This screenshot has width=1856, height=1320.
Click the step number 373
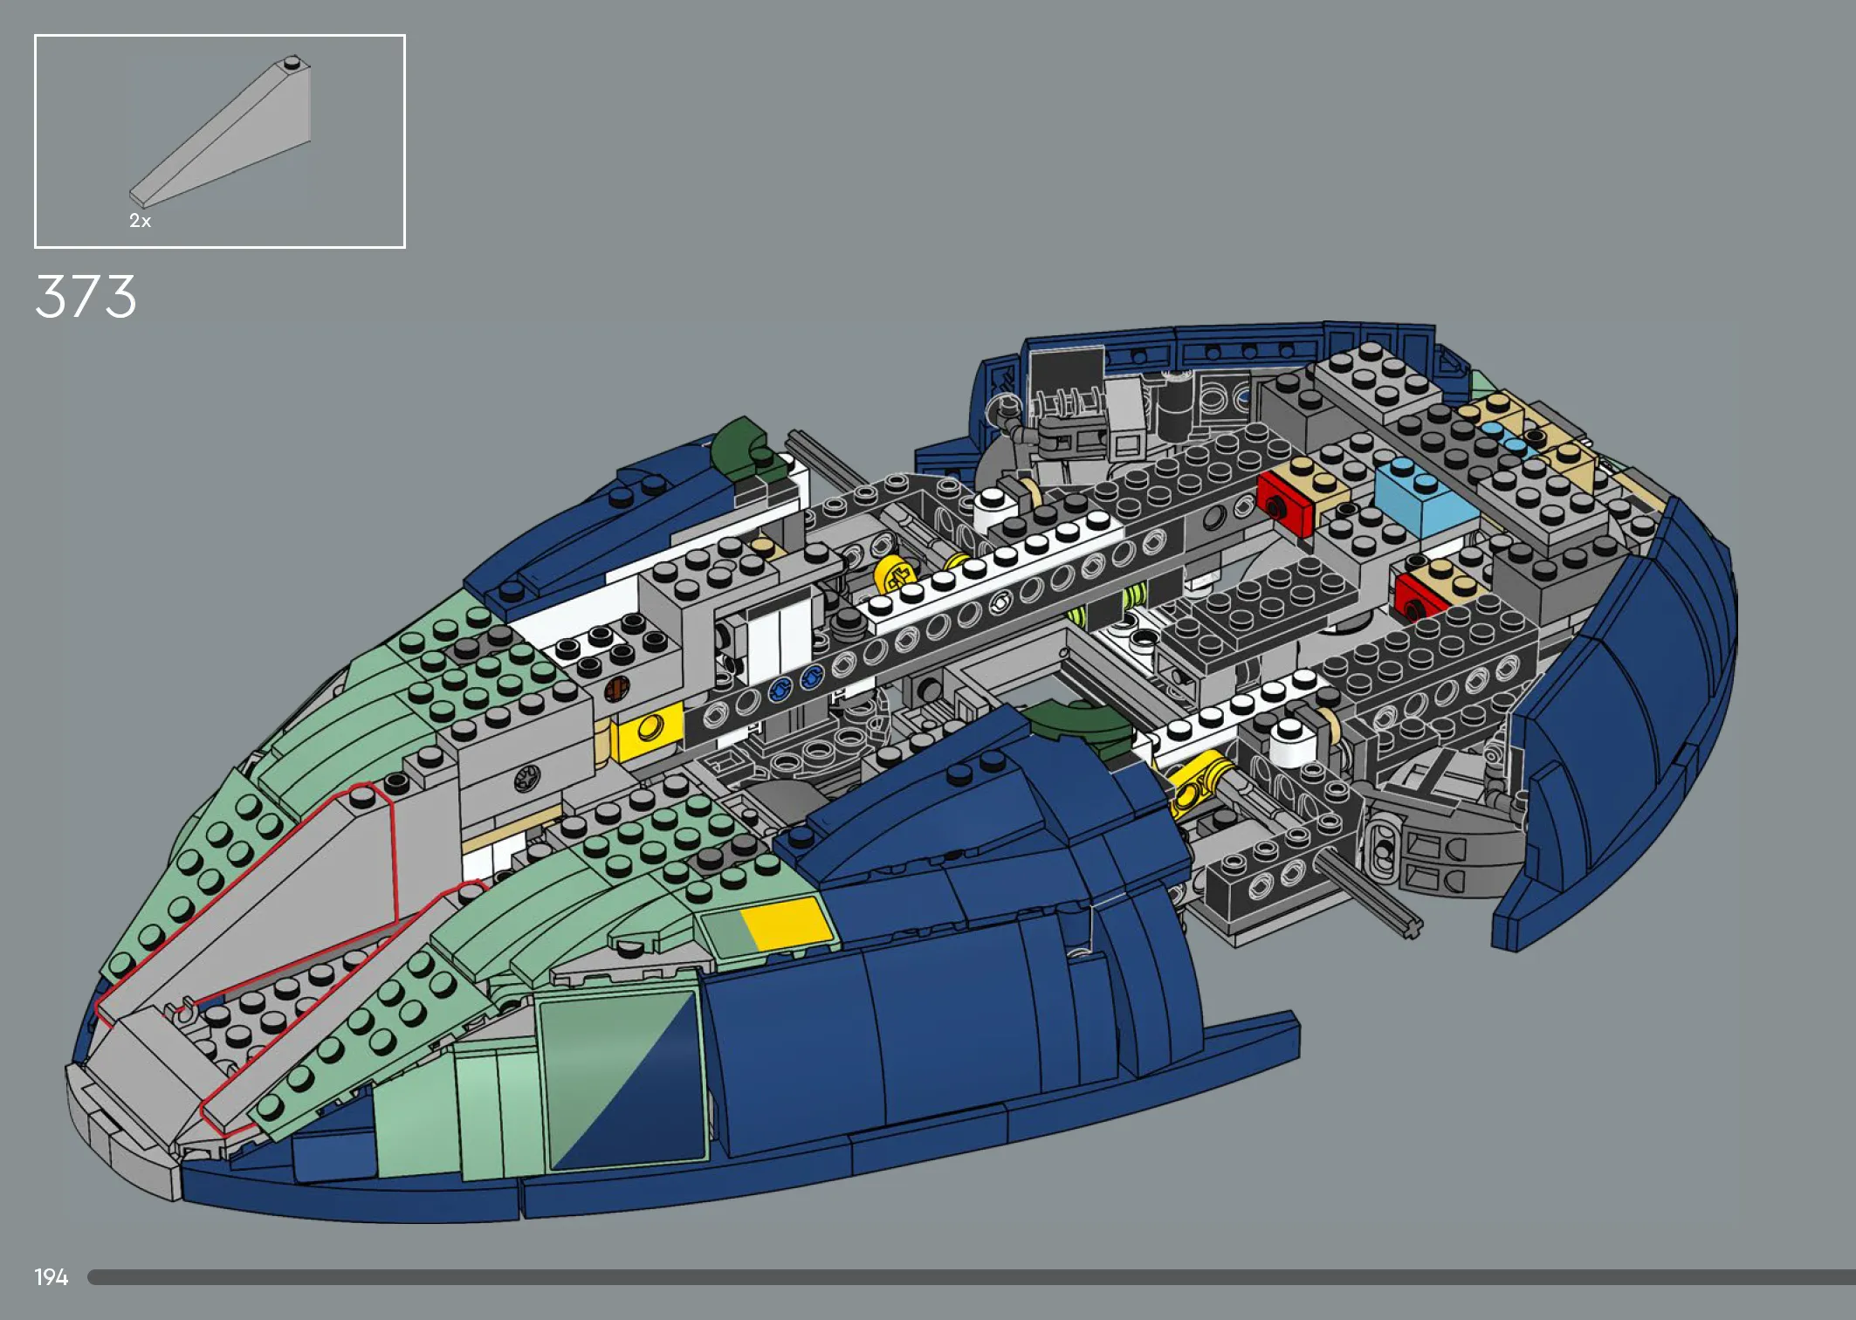coord(86,296)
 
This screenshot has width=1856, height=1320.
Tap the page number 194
coord(52,1277)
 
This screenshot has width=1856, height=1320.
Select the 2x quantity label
coord(140,221)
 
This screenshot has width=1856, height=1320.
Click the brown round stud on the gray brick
coord(616,690)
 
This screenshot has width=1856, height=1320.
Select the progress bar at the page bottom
coord(972,1277)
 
